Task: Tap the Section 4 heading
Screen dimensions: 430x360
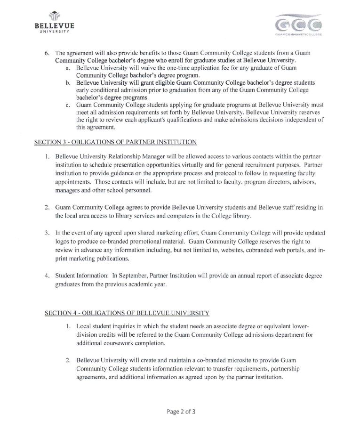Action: tap(127, 313)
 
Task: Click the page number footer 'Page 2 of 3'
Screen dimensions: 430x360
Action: tap(181, 411)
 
